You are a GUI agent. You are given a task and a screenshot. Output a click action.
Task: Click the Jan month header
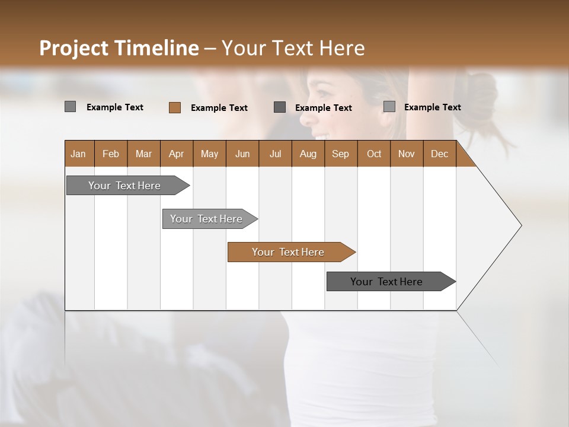point(79,154)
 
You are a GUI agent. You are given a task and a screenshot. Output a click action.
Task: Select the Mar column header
point(143,154)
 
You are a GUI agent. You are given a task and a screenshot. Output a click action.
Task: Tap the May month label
point(209,154)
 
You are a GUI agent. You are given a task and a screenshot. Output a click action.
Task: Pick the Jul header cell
point(275,154)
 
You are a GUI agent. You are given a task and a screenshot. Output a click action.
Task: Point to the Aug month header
point(308,154)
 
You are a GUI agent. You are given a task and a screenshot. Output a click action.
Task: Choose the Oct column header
point(373,154)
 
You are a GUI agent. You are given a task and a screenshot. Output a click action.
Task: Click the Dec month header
point(439,154)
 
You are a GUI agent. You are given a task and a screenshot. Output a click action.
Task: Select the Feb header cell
point(111,154)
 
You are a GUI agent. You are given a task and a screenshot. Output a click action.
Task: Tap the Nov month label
point(406,154)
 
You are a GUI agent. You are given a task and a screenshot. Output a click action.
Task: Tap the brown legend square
point(174,107)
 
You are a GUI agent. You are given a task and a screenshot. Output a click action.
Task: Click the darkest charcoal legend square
point(280,107)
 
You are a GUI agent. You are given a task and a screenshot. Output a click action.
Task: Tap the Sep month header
point(340,154)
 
